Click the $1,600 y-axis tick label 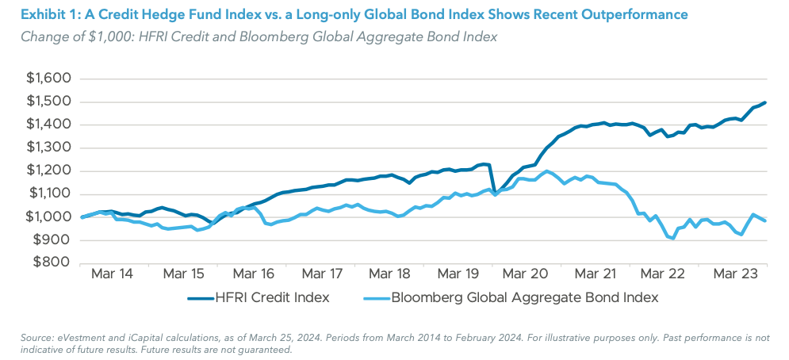point(49,79)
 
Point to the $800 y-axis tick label point(53,263)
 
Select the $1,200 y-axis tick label point(49,171)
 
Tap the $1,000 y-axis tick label point(49,217)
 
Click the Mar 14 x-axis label point(113,274)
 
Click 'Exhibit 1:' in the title point(48,15)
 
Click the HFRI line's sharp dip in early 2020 point(495,192)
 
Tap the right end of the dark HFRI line point(765,102)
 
